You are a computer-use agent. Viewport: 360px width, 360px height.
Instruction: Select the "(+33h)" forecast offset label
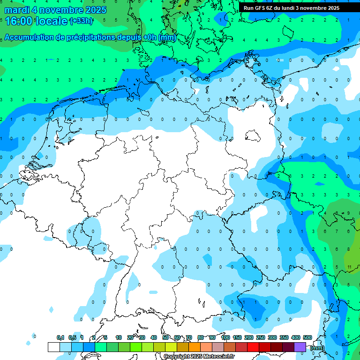click(81, 21)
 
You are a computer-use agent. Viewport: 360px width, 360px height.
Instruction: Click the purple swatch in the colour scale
click(300, 347)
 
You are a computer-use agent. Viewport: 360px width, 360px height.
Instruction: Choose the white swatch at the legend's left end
click(53, 347)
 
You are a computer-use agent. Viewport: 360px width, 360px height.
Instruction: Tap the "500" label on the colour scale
click(307, 337)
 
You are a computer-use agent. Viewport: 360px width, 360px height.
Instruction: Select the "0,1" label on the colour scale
click(60, 337)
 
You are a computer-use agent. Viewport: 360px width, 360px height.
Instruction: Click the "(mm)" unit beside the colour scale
click(317, 348)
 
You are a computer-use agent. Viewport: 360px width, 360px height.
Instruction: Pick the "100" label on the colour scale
click(225, 337)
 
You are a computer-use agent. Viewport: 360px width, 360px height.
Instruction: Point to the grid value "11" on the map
click(350, 267)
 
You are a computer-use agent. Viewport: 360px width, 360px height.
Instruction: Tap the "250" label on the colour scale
click(261, 337)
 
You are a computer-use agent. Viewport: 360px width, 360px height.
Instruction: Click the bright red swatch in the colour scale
click(253, 347)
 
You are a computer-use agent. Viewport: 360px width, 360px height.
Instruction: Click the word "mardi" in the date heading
click(16, 9)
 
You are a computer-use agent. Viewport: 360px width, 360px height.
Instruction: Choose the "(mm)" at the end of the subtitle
click(167, 37)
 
